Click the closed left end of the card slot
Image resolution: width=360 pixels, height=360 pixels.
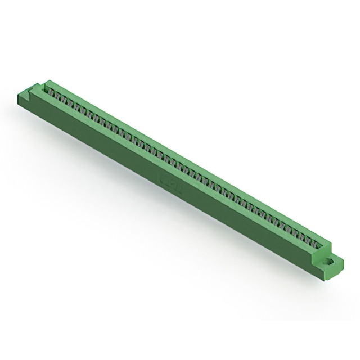46,89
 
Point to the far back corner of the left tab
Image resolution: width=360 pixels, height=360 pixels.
38,84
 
